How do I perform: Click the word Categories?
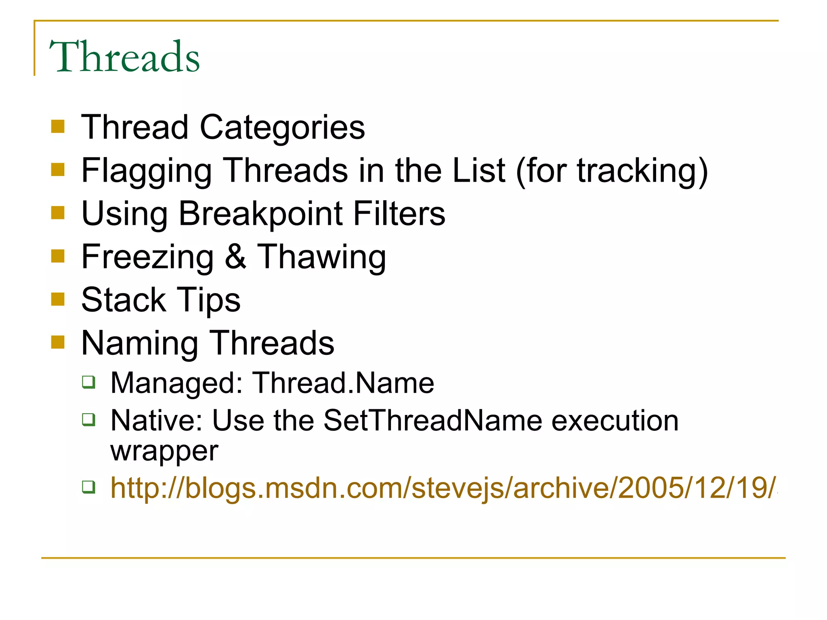[x=282, y=128]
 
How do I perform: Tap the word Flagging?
[x=146, y=171]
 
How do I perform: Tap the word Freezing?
[x=147, y=257]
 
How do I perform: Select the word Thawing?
[x=321, y=257]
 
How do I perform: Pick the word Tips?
[x=208, y=300]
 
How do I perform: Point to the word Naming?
[x=139, y=344]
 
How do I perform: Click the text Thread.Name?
[x=343, y=383]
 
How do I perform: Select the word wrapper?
[x=164, y=451]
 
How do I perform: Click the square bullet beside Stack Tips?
[x=58, y=300]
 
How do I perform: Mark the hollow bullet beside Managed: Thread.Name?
[x=89, y=382]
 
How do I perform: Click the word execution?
[x=615, y=421]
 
